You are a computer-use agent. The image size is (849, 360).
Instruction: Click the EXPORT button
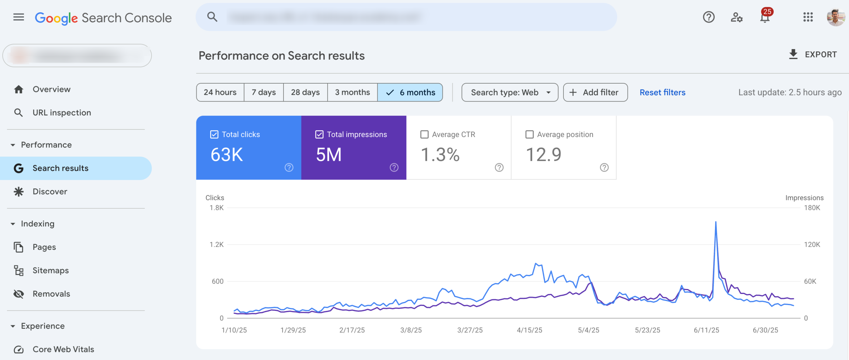813,54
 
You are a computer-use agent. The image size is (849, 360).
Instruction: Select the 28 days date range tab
305,92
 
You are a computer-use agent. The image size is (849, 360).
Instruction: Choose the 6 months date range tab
410,92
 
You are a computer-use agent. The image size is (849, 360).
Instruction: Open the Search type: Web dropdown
510,92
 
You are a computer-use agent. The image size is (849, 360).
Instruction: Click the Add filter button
595,92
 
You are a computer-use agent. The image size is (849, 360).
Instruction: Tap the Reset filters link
662,92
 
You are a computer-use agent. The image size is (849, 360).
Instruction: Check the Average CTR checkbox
424,134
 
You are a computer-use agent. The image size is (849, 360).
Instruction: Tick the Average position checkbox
529,134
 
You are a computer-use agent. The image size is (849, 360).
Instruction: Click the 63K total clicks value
227,155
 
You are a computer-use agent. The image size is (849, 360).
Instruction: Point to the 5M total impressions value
329,155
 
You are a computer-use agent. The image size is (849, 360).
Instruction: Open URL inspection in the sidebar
62,112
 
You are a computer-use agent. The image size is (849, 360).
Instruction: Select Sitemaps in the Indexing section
50,270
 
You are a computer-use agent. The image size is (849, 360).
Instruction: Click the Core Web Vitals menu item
63,349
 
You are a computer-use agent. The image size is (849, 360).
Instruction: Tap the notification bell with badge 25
765,17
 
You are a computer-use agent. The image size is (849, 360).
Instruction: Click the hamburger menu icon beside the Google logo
19,17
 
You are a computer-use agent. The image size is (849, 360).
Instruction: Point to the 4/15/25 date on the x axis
529,330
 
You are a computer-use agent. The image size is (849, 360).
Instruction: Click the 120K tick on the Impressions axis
812,245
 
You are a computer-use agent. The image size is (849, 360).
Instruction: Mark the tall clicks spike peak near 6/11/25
716,222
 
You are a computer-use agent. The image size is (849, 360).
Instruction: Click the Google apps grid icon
808,17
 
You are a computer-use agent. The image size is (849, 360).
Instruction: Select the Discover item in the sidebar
50,191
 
